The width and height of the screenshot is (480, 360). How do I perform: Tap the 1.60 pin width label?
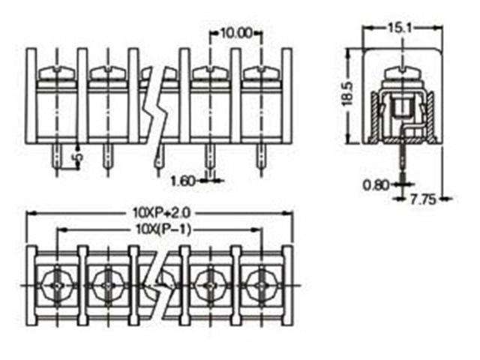coord(184,181)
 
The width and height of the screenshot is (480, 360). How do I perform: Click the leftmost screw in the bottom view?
coord(57,285)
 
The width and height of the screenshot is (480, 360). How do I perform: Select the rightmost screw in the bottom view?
coord(260,285)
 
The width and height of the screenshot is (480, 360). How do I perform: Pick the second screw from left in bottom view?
coord(107,285)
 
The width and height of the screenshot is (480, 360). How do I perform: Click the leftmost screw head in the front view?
coord(57,73)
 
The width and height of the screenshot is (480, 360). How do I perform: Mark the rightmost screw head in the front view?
coord(261,73)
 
